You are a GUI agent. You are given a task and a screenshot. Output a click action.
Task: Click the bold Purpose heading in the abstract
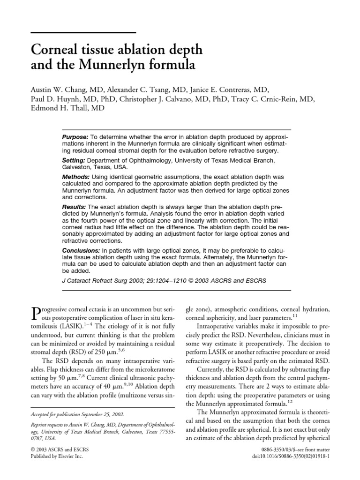tap(75, 135)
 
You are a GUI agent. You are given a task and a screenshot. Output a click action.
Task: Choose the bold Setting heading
tap(74, 158)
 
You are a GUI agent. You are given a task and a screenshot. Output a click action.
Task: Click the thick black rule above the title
tap(83, 32)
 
